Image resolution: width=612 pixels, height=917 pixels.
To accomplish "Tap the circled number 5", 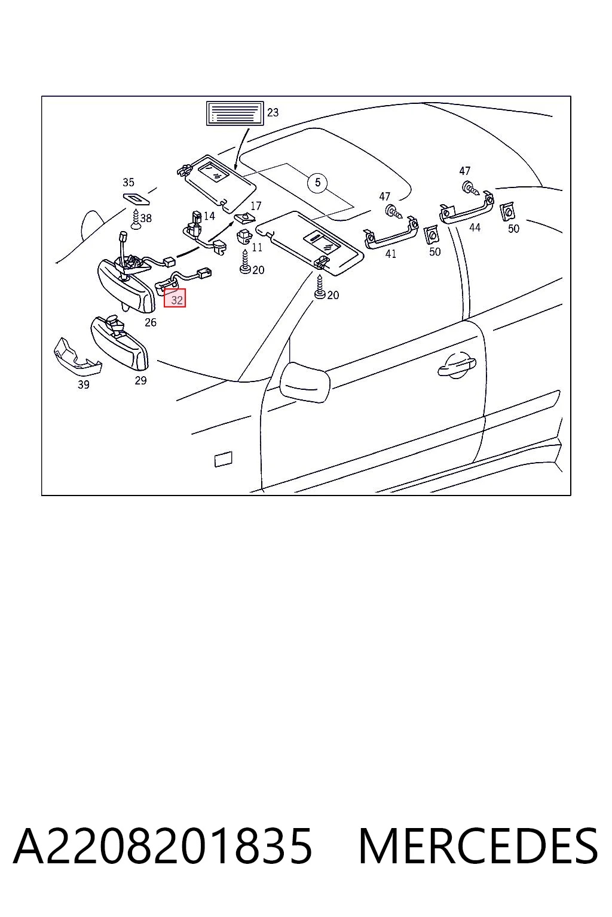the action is pos(318,182).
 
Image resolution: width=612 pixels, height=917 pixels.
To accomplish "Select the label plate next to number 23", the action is pos(235,113).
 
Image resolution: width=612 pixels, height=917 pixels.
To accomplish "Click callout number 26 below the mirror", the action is pos(151,322).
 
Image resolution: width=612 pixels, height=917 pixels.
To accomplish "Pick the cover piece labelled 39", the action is pos(77,357).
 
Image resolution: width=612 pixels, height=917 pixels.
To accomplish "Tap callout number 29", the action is pos(140,381).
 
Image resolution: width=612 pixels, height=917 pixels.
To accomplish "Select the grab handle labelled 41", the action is pos(391,234).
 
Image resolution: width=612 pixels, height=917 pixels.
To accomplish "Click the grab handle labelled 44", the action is pos(467,209).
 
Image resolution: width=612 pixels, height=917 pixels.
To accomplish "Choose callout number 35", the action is pos(128,182).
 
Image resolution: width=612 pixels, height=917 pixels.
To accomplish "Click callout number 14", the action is pos(209,216).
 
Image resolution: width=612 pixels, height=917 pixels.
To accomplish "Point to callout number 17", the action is pos(256,205).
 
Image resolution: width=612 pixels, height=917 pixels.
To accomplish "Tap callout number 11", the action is pos(257,247).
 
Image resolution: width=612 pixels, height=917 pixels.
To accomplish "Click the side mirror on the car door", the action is pos(305,382).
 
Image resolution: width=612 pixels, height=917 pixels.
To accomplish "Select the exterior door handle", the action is pos(456,367).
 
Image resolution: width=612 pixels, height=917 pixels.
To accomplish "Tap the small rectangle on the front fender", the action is pos(224,459).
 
